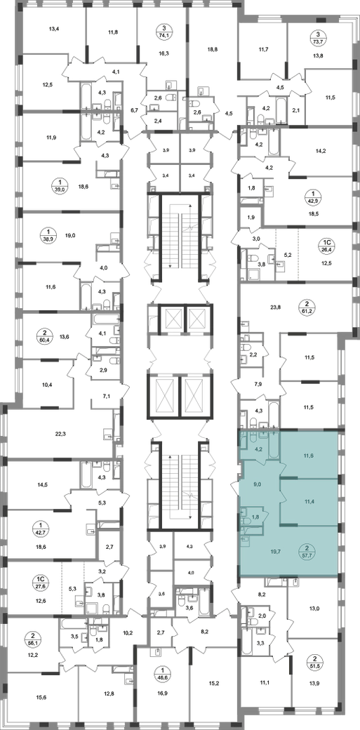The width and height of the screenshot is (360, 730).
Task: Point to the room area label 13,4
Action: point(54,29)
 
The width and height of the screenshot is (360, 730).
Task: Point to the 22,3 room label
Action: point(60,433)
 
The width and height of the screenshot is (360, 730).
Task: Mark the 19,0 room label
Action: point(70,236)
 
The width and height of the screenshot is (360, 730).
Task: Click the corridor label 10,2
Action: point(127,632)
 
